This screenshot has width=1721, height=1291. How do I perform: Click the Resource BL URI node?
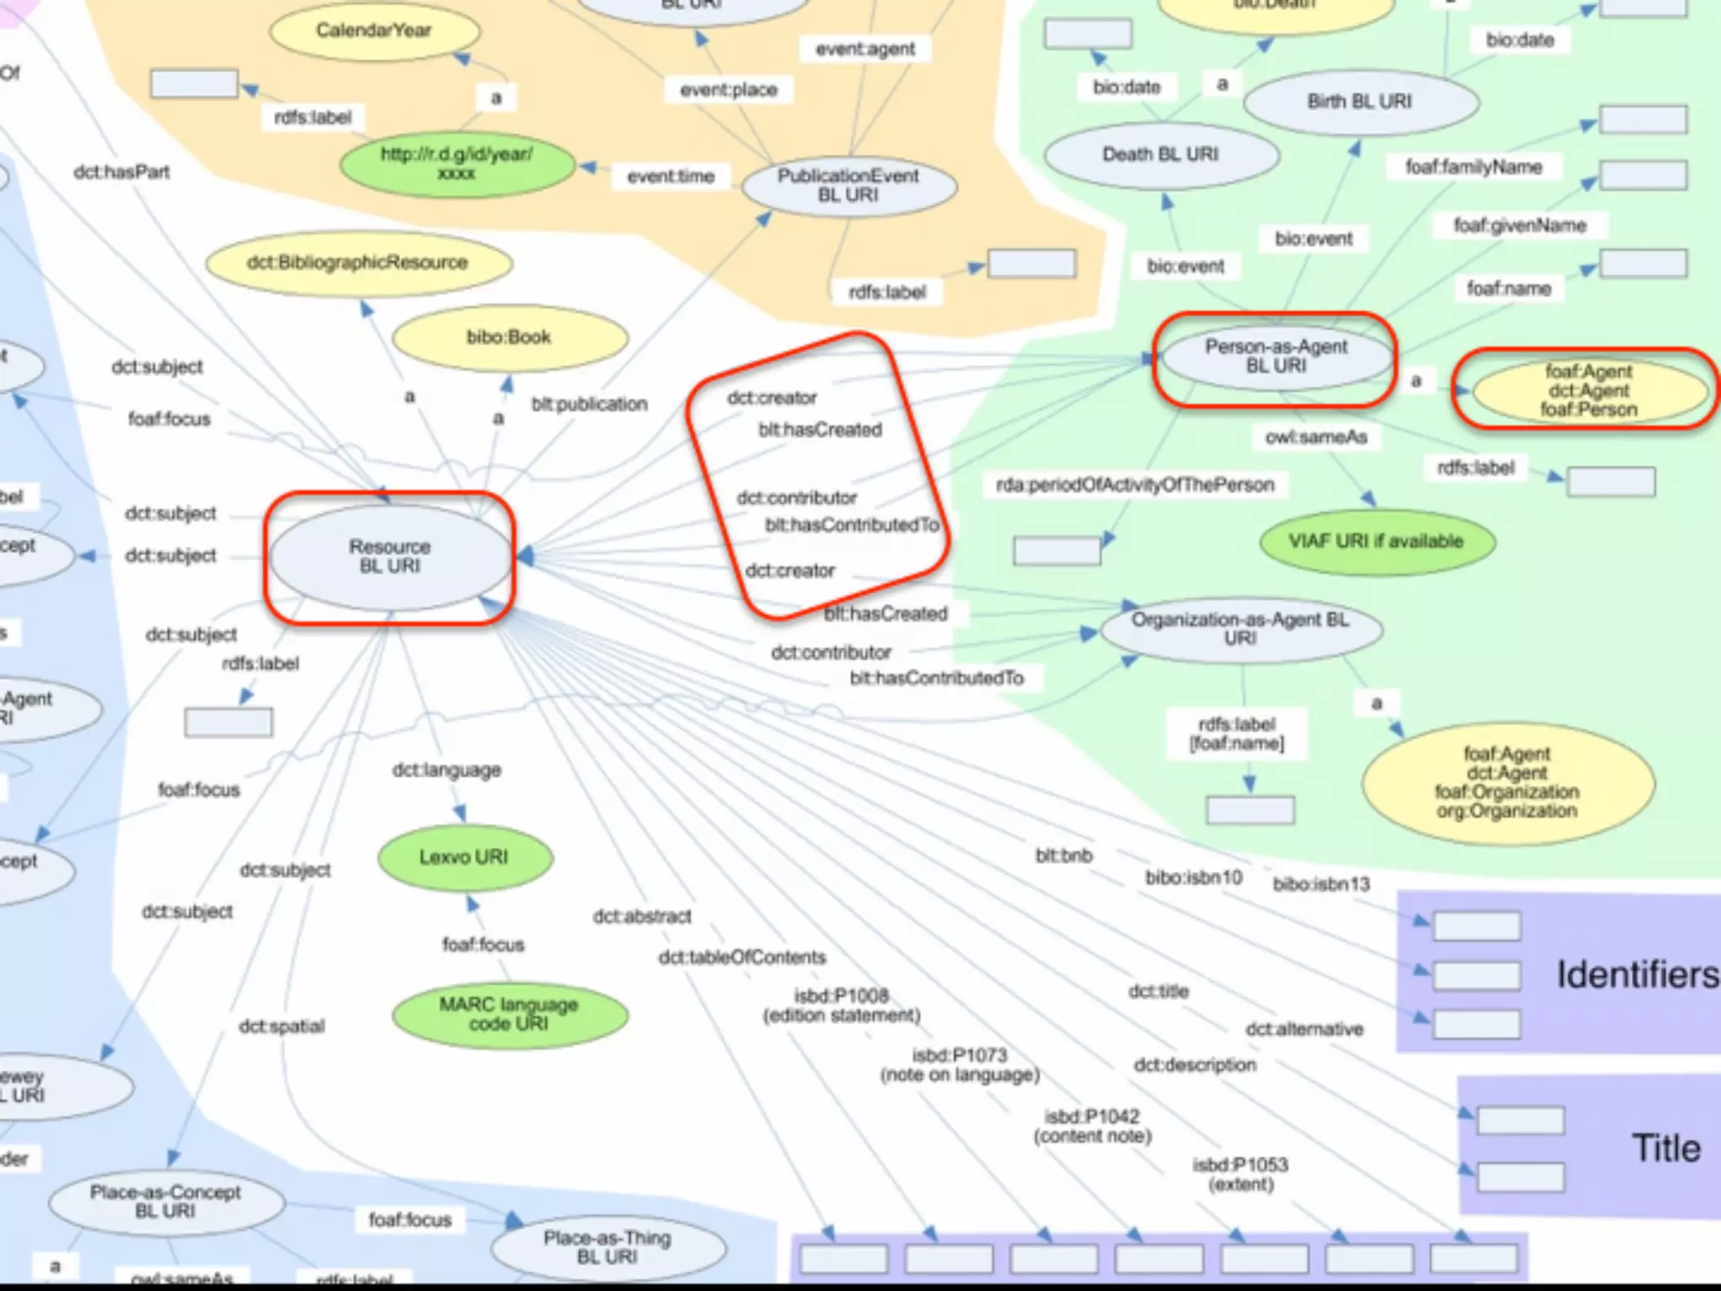[390, 556]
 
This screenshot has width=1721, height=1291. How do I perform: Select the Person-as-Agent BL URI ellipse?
[1276, 356]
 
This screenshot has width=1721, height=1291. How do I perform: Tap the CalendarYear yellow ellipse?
[374, 31]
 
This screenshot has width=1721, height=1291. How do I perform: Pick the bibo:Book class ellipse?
[509, 338]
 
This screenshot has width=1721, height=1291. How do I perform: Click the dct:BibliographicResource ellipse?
[358, 263]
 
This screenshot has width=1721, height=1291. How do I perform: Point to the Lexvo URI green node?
[465, 857]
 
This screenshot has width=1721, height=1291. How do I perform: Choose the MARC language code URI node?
[509, 1014]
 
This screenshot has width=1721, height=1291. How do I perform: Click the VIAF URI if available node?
[1376, 541]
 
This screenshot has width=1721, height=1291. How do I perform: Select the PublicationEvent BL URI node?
[849, 186]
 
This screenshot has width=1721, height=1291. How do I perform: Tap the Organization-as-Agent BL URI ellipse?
[1240, 629]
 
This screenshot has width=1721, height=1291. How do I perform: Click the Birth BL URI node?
[1360, 102]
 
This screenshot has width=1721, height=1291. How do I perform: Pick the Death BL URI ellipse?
[1160, 155]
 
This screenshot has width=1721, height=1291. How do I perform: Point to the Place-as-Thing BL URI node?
[608, 1247]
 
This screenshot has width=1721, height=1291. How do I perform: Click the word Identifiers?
[1637, 975]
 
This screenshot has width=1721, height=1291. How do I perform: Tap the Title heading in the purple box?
[1666, 1148]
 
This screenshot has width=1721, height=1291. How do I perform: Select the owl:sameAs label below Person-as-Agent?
[1316, 437]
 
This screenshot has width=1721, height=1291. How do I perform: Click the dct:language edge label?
[447, 770]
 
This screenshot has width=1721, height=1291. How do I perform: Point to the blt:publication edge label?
[589, 404]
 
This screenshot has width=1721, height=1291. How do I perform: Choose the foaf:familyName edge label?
[1474, 167]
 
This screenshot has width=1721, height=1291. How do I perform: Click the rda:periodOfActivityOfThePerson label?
[1135, 485]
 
